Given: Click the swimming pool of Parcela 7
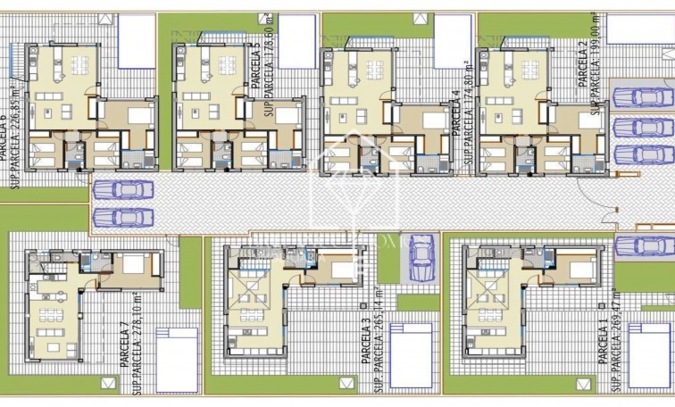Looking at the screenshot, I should [x=176, y=359].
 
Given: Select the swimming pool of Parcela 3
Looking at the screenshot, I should [x=410, y=354].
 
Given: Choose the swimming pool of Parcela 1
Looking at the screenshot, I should [x=650, y=354].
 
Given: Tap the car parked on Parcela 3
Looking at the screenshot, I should [x=421, y=258].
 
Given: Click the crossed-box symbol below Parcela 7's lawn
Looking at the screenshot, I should [x=109, y=383].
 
